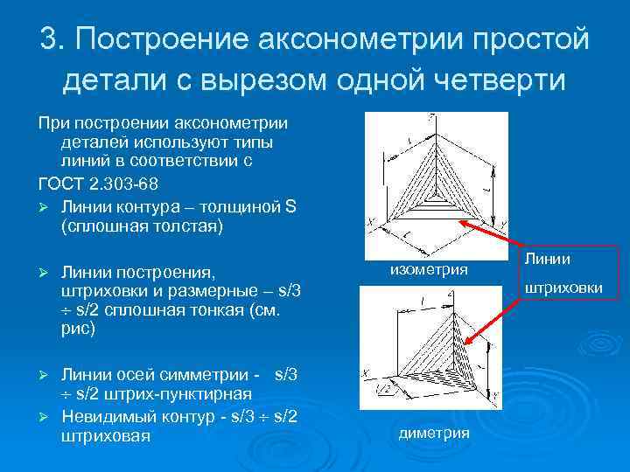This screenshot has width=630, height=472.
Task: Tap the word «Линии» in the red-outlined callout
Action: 549,260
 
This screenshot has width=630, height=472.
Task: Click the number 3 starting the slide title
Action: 50,39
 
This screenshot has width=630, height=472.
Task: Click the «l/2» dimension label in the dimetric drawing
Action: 383,385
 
